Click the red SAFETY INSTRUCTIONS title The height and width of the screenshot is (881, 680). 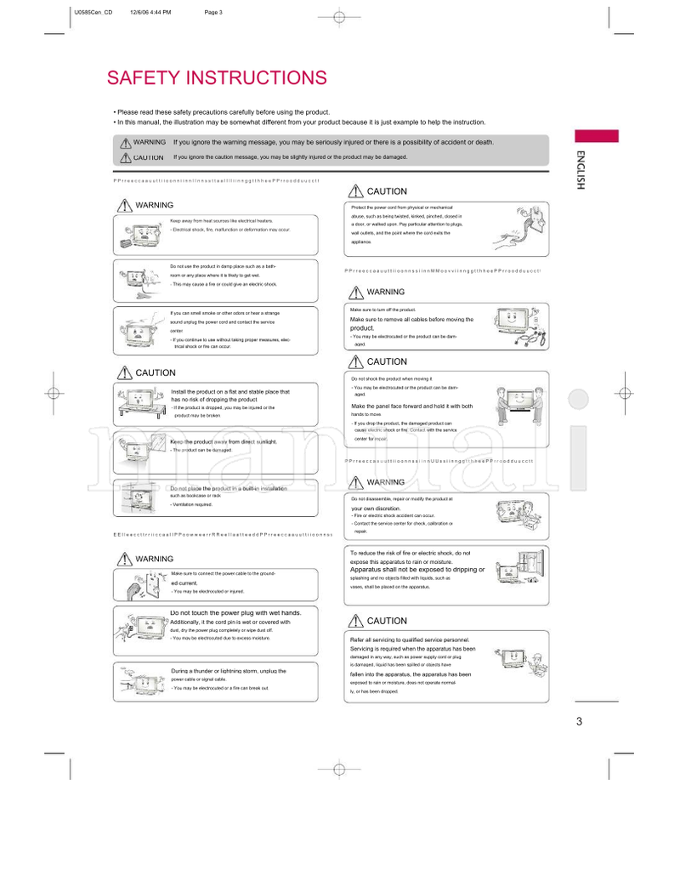coord(216,78)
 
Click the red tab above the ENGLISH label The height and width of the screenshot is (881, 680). coord(596,136)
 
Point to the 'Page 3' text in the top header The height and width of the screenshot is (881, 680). coord(214,13)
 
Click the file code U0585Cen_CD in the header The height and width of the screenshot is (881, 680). coord(93,13)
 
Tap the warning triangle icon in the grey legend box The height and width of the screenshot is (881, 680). coord(126,143)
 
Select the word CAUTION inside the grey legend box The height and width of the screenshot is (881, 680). coord(148,157)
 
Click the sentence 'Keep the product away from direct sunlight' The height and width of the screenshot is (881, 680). coord(224,442)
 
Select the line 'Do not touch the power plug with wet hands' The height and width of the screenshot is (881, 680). coord(229,612)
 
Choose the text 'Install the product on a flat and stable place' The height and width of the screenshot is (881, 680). coord(229,392)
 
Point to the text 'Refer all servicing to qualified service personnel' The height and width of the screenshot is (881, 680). coord(410,639)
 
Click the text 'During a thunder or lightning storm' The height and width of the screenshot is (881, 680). coord(229,671)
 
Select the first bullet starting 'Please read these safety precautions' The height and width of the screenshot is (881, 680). coord(223,112)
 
